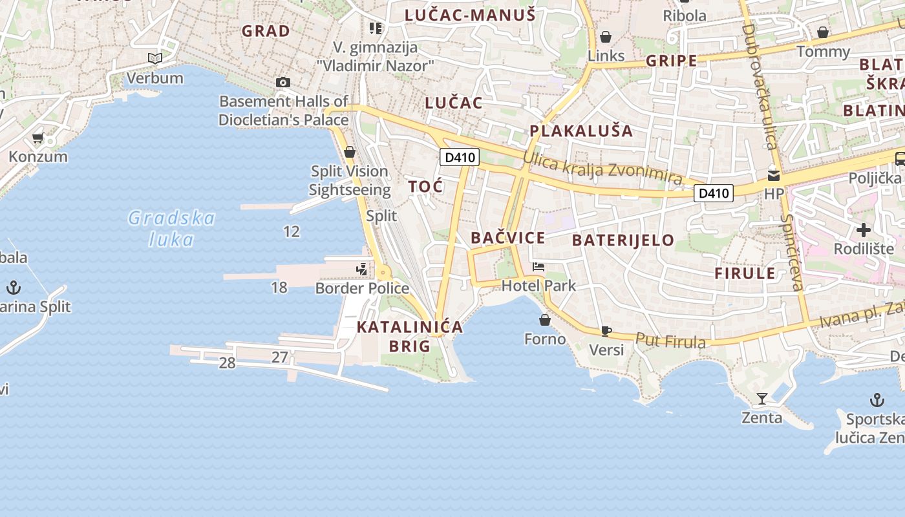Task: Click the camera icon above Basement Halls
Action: [x=282, y=82]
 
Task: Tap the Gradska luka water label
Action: [x=171, y=228]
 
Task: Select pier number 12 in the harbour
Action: [x=292, y=231]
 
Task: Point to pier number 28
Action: [x=227, y=363]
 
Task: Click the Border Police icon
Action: [x=362, y=268]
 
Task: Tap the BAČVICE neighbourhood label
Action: [x=507, y=238]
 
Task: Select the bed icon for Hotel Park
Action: [x=538, y=267]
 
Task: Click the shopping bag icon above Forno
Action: [x=545, y=320]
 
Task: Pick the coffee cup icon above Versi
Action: [x=606, y=331]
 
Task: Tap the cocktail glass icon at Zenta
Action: [x=761, y=398]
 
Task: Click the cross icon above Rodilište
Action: [x=864, y=230]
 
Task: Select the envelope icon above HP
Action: [x=773, y=175]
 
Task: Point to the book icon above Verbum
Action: [x=154, y=59]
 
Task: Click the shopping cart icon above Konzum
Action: [x=38, y=138]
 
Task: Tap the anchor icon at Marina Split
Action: [x=14, y=287]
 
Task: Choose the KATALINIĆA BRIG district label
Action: [x=410, y=336]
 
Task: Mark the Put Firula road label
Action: [x=670, y=341]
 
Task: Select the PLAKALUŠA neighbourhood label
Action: [x=581, y=131]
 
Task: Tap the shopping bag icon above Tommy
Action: [x=823, y=32]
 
